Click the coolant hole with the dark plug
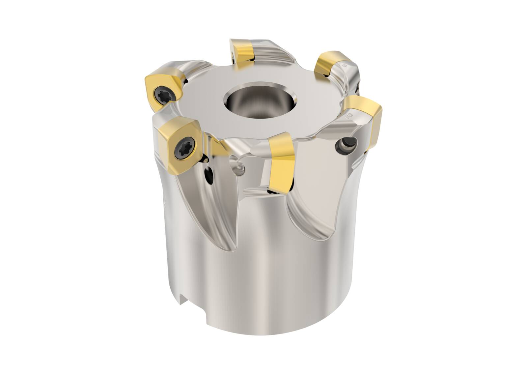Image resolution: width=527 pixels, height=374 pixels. coord(347,144)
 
